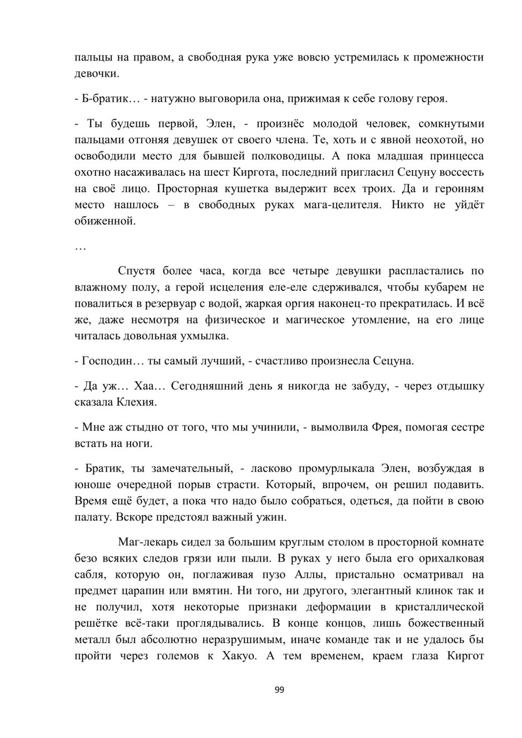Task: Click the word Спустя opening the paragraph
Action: tap(137, 271)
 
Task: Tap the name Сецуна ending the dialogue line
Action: tap(394, 361)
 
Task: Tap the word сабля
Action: tap(90, 575)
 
